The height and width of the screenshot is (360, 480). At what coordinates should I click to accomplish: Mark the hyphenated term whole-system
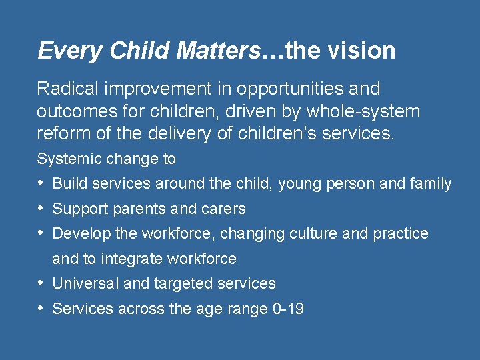coord(364,111)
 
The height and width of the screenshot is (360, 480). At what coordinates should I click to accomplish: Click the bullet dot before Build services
coord(41,183)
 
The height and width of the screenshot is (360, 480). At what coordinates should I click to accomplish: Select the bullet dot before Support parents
coord(41,209)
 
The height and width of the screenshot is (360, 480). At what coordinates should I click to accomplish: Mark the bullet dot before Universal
coord(41,283)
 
